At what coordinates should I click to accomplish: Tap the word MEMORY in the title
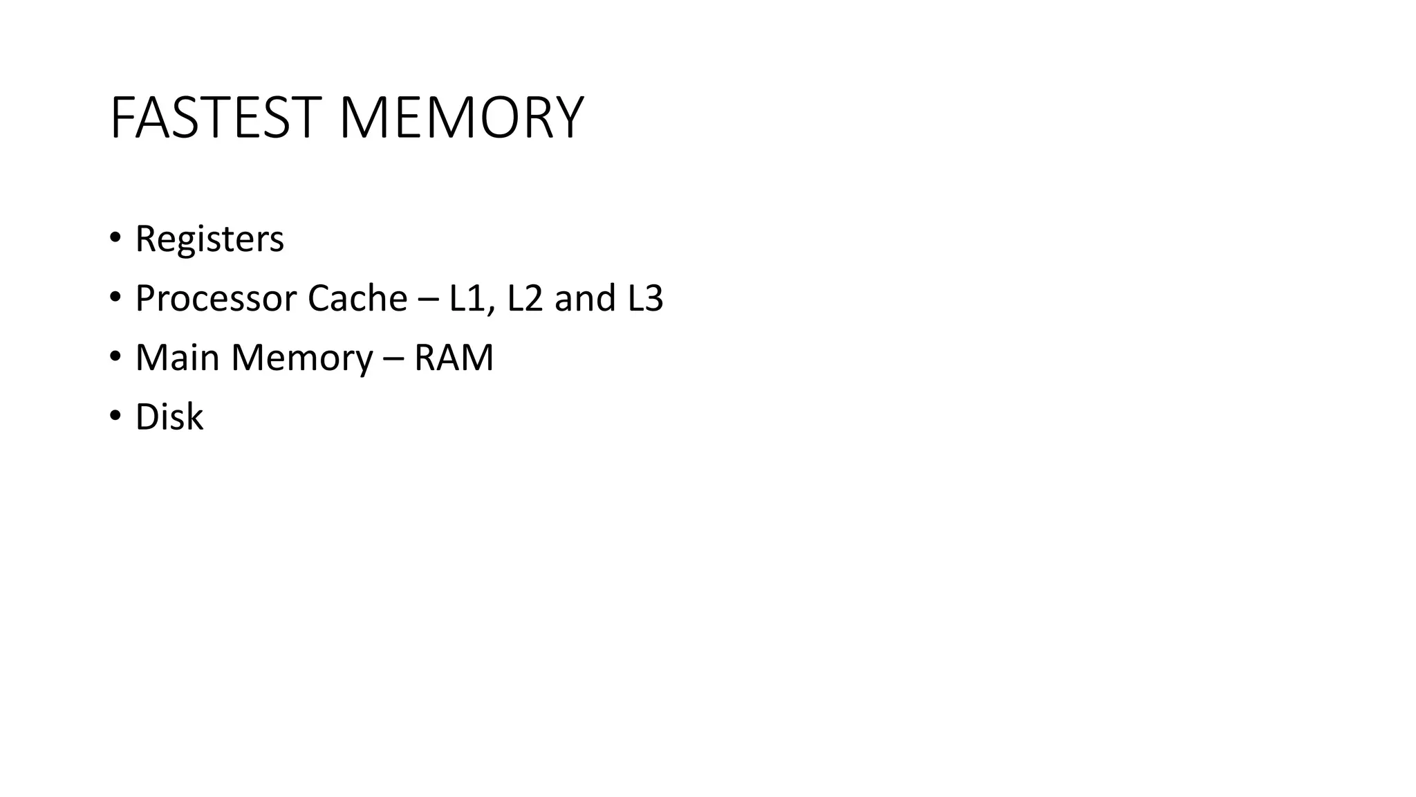(461, 118)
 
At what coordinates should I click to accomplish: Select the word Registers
(209, 239)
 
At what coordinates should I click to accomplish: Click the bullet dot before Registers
(115, 237)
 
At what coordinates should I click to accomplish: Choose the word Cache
(357, 299)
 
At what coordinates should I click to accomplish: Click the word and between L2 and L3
(585, 299)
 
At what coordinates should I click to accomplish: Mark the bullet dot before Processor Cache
(115, 297)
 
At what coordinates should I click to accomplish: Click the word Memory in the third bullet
(302, 358)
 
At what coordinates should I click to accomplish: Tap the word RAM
(454, 358)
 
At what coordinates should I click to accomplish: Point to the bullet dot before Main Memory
(115, 356)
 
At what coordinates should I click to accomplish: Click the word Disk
(169, 417)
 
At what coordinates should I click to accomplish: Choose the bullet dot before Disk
(115, 416)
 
